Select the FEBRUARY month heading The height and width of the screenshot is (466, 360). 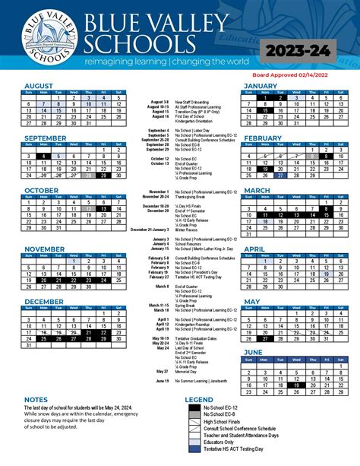tap(263, 138)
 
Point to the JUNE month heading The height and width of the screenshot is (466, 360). tap(254, 352)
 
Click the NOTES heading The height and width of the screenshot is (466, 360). tap(36, 399)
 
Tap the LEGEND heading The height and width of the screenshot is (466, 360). tap(199, 399)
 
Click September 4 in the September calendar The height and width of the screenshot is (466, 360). tap(44, 157)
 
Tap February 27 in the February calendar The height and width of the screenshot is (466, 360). tap(279, 174)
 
